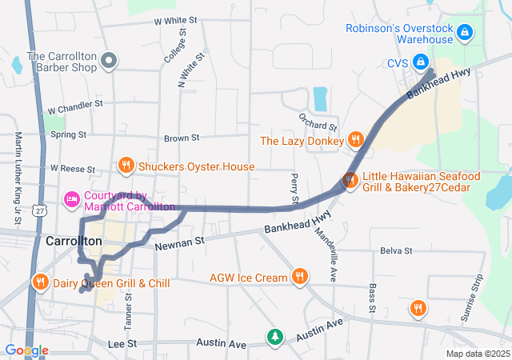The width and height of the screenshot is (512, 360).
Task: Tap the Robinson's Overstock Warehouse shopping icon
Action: pos(466,33)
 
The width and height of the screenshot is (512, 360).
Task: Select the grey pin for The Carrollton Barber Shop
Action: pos(111,62)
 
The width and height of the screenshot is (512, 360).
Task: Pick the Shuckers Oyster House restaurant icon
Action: pos(125,166)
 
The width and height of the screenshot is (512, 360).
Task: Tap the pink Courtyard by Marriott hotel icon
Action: pos(71,198)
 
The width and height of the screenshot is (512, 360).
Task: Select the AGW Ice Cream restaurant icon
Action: pos(300,277)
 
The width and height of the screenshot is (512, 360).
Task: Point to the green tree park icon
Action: pos(275,336)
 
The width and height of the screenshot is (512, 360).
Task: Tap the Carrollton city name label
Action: pos(74,241)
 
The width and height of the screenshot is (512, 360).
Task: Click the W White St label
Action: pos(174,20)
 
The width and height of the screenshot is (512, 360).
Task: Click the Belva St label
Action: pos(396,250)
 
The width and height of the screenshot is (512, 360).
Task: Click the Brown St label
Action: pos(181,138)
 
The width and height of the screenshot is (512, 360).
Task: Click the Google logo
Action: pos(26,350)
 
